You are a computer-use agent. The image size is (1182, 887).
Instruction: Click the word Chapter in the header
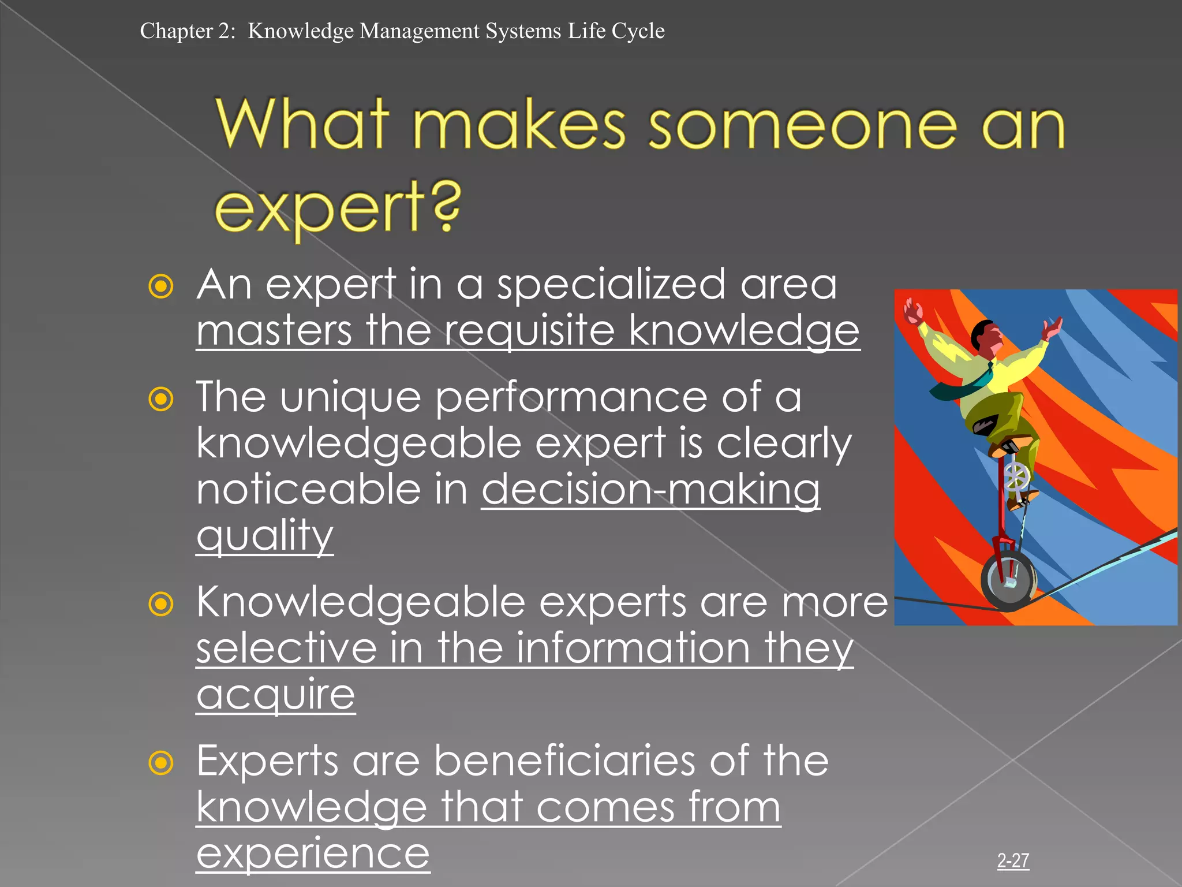click(x=176, y=31)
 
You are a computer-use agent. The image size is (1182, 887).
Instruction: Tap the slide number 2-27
click(x=1013, y=860)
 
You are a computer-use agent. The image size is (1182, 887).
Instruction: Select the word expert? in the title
click(x=338, y=208)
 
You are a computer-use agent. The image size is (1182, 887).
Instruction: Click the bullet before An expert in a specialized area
click(x=160, y=286)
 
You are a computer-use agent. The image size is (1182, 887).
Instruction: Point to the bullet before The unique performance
click(x=160, y=399)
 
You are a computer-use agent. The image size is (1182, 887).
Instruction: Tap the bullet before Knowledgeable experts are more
click(x=160, y=604)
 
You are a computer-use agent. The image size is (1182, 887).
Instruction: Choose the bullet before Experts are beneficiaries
click(x=160, y=763)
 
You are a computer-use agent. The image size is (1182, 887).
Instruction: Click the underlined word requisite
click(x=529, y=331)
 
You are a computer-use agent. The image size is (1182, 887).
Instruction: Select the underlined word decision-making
click(x=650, y=490)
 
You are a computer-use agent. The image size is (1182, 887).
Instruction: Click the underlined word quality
click(x=264, y=536)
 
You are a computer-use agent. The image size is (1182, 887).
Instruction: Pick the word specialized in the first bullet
click(x=611, y=285)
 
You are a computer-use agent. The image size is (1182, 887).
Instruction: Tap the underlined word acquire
click(x=275, y=695)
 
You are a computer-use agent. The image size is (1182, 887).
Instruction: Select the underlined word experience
click(x=313, y=854)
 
